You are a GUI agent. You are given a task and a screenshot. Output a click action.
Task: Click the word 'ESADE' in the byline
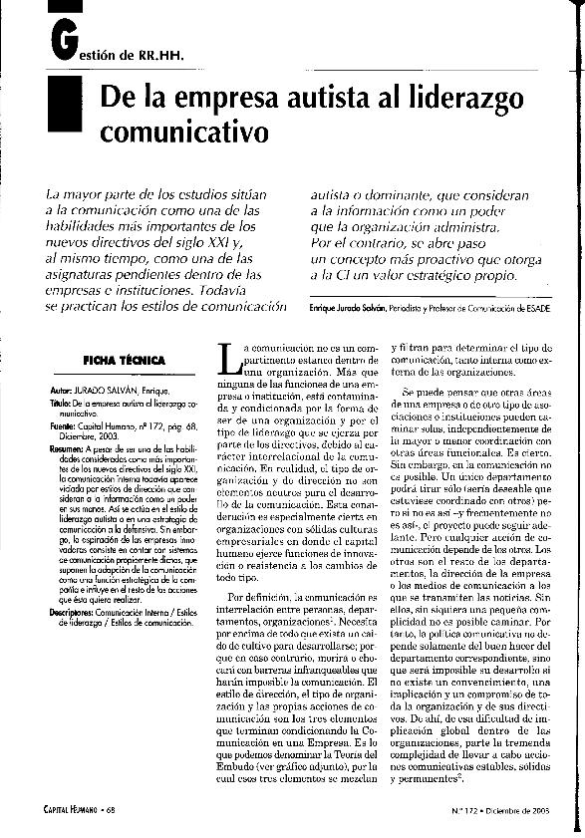[x=535, y=311]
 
